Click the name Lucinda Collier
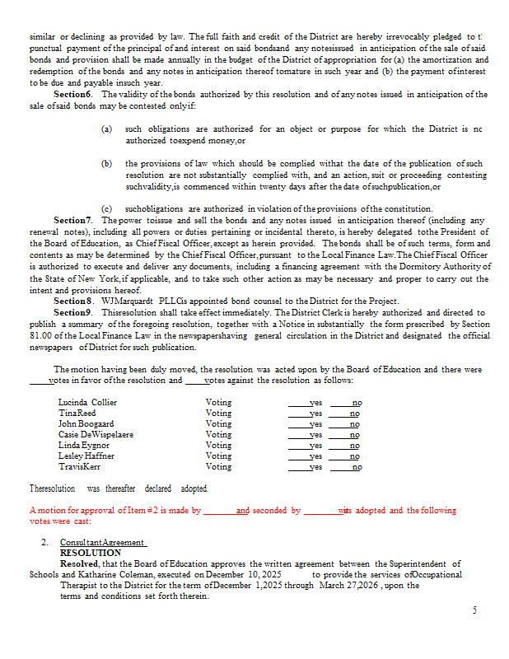[87, 402]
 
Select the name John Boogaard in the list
[86, 423]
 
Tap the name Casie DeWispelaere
[96, 434]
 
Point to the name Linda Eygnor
[83, 445]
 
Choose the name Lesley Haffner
[86, 456]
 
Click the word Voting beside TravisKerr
[218, 466]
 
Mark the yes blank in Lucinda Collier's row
[304, 402]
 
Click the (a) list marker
[107, 129]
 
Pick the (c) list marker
[107, 209]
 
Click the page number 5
[474, 610]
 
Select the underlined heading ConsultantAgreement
[103, 543]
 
